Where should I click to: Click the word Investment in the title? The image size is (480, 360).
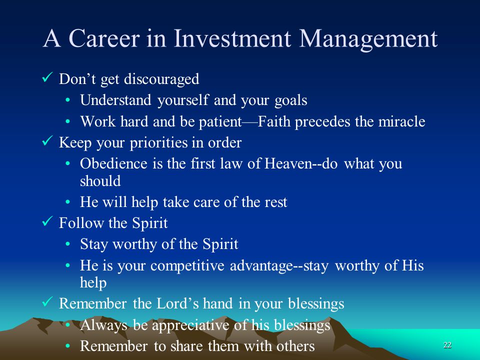232,38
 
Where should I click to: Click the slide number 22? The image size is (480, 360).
447,345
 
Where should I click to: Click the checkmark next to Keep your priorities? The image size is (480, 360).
47,141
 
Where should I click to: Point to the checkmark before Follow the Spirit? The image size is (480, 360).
47,221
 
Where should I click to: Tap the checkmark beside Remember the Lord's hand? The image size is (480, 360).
47,302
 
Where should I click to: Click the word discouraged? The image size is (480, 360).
161,79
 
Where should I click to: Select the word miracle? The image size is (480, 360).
401,121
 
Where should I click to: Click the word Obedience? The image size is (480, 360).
113,163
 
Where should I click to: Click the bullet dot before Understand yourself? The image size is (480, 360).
68,100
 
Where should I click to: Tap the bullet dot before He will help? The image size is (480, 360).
68,202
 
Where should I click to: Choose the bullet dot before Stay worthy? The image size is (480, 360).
68,244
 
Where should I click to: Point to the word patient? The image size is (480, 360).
220,122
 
